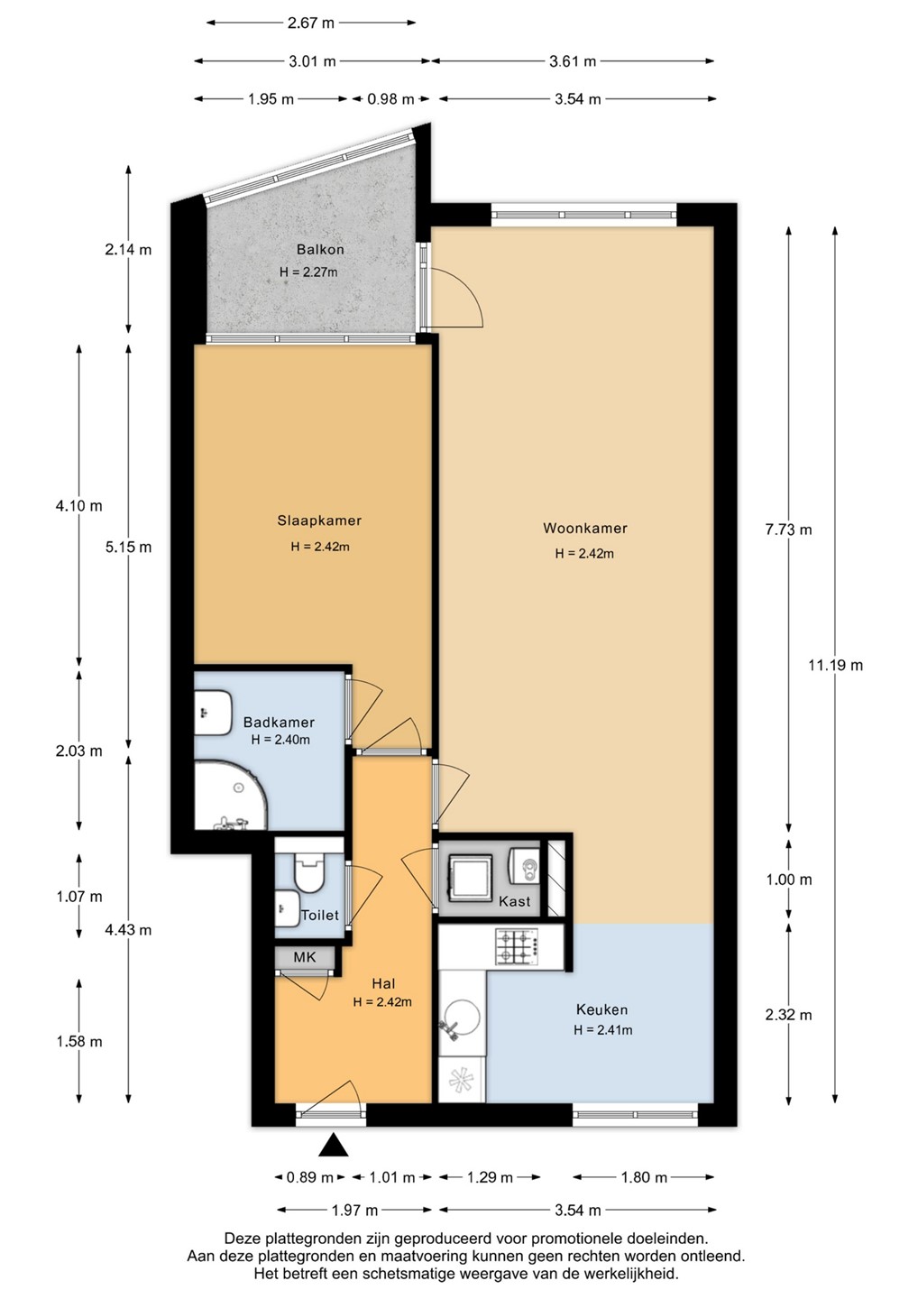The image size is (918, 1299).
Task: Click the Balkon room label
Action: coord(320,249)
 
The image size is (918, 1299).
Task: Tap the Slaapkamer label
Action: coord(319,521)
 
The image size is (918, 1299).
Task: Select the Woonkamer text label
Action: coord(584,529)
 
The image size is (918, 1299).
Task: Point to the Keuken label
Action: coord(601,1009)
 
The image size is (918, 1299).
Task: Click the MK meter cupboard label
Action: coord(305,957)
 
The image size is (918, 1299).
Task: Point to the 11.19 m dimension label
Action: coord(835,665)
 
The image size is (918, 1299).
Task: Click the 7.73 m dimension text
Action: coord(789,530)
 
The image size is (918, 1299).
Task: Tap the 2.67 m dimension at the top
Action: coord(311,23)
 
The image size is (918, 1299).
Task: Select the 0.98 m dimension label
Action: coord(390,99)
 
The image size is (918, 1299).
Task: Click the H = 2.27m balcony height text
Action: coord(308,272)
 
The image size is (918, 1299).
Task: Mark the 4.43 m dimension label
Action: coord(129,929)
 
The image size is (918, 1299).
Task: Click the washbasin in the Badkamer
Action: coord(212,713)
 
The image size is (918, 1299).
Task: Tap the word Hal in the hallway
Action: coord(383,983)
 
